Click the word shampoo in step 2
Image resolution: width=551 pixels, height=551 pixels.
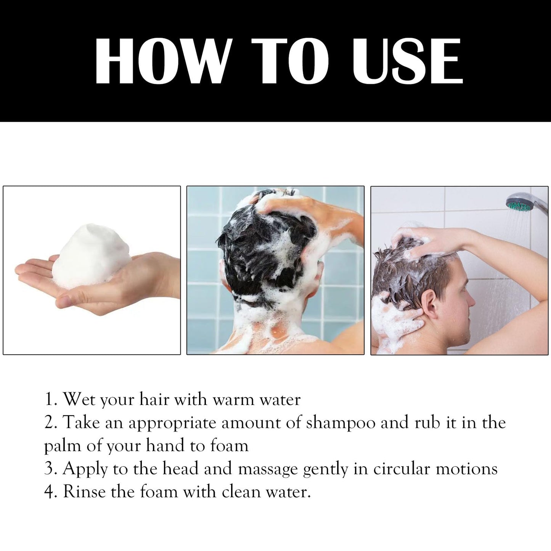[341, 424]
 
